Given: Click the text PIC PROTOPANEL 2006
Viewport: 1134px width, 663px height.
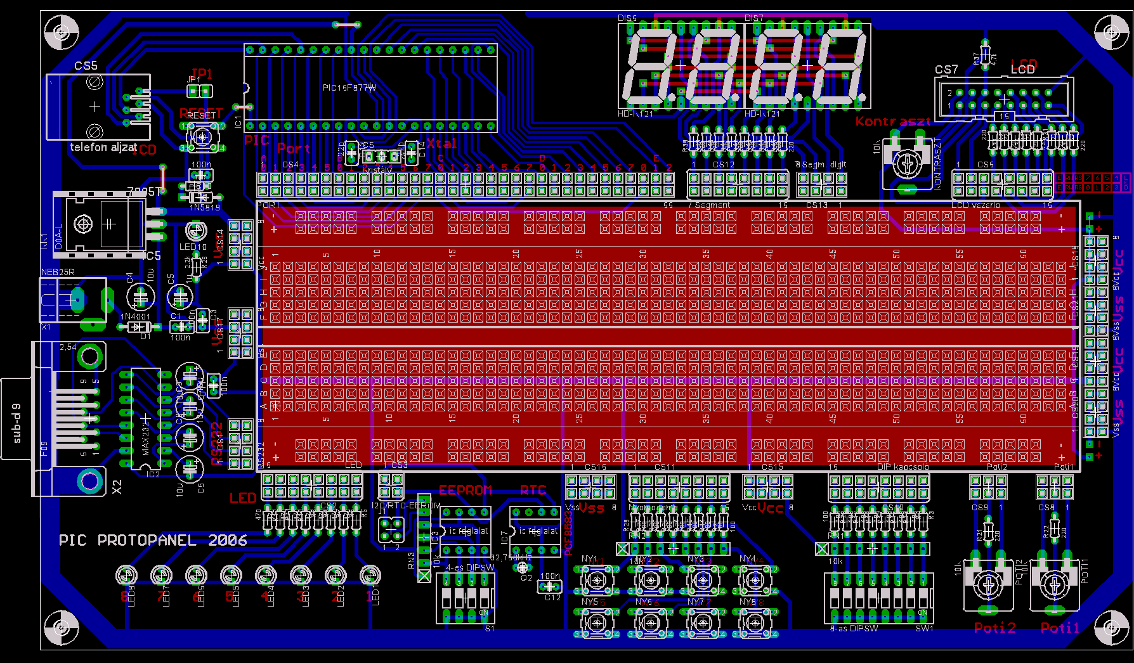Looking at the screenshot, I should tap(153, 540).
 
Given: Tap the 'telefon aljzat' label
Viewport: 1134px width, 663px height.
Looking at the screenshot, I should tap(103, 147).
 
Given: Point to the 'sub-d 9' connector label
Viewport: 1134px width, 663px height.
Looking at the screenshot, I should tap(17, 423).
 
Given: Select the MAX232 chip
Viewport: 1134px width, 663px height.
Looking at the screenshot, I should tap(146, 418).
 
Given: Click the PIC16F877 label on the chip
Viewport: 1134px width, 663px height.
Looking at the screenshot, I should tap(349, 87).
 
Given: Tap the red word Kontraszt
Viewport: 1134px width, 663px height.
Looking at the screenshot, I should tap(893, 121).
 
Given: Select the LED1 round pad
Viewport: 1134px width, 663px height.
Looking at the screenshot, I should tap(370, 575).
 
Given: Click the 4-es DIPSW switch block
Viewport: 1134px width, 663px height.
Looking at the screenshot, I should tap(466, 598).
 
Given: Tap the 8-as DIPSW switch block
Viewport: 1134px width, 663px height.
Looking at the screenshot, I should tap(878, 598).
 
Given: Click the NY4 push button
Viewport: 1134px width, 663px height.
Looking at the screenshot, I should tap(755, 579).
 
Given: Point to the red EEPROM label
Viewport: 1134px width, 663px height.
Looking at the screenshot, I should tap(466, 490).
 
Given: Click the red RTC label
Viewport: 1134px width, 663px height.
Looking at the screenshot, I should tap(533, 490).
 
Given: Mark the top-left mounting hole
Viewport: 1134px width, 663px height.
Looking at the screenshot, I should tap(62, 32).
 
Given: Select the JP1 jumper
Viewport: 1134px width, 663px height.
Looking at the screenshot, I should tap(200, 91).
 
